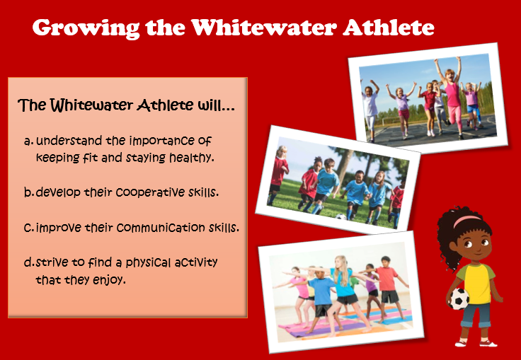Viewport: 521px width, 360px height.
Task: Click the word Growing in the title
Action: click(86, 28)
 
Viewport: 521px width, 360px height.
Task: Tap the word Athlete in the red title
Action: click(389, 27)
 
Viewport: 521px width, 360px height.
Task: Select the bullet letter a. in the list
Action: click(29, 142)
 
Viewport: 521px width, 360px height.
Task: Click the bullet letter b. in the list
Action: click(29, 192)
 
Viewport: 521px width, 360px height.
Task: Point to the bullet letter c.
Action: click(29, 228)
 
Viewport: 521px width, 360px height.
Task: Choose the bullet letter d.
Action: click(29, 262)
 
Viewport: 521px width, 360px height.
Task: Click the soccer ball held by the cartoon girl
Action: click(459, 298)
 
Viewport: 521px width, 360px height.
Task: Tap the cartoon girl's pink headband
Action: click(466, 220)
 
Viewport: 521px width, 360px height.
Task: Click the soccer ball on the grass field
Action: click(340, 217)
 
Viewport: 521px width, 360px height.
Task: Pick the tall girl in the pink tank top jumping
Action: click(450, 97)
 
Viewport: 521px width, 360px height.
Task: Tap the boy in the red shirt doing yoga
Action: click(387, 289)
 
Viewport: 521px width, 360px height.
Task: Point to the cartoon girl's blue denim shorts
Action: click(476, 314)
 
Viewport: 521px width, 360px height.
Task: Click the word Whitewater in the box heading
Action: click(93, 105)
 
